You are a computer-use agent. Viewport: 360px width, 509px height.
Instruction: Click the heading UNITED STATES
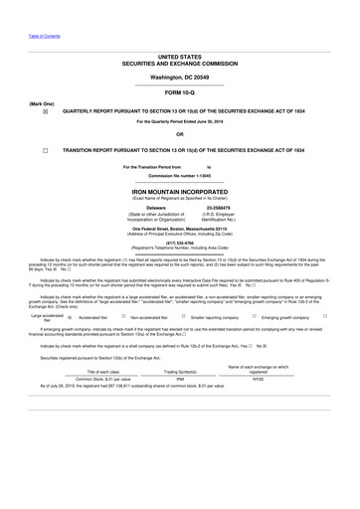pos(179,59)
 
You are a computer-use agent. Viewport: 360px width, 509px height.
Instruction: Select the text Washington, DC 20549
pos(179,77)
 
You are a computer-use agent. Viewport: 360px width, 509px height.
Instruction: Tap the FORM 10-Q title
pos(179,94)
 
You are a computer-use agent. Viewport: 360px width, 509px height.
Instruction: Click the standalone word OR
pos(179,134)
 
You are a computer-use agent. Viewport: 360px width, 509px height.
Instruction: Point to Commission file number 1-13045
pos(179,175)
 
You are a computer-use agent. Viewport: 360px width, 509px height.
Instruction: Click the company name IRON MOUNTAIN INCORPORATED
pos(179,189)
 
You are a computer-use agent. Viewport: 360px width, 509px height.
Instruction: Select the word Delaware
pos(148,208)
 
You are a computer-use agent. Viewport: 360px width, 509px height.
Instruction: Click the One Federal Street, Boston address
pos(179,227)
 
